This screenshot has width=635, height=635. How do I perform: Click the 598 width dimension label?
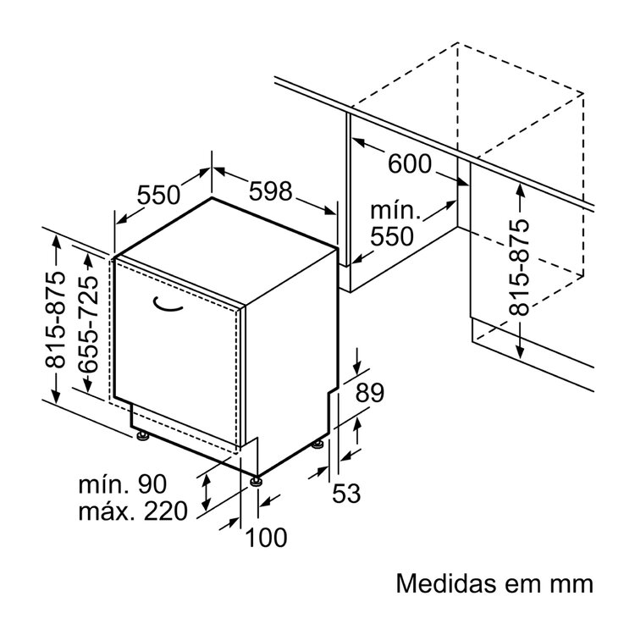[271, 191]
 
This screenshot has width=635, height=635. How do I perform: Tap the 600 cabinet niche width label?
[409, 164]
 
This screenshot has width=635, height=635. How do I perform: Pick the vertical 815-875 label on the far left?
[55, 320]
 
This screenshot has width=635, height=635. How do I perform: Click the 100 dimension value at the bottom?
[267, 537]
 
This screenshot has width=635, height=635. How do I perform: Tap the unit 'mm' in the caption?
[566, 584]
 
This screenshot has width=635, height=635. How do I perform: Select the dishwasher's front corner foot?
[255, 481]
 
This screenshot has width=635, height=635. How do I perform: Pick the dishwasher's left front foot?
[142, 437]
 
